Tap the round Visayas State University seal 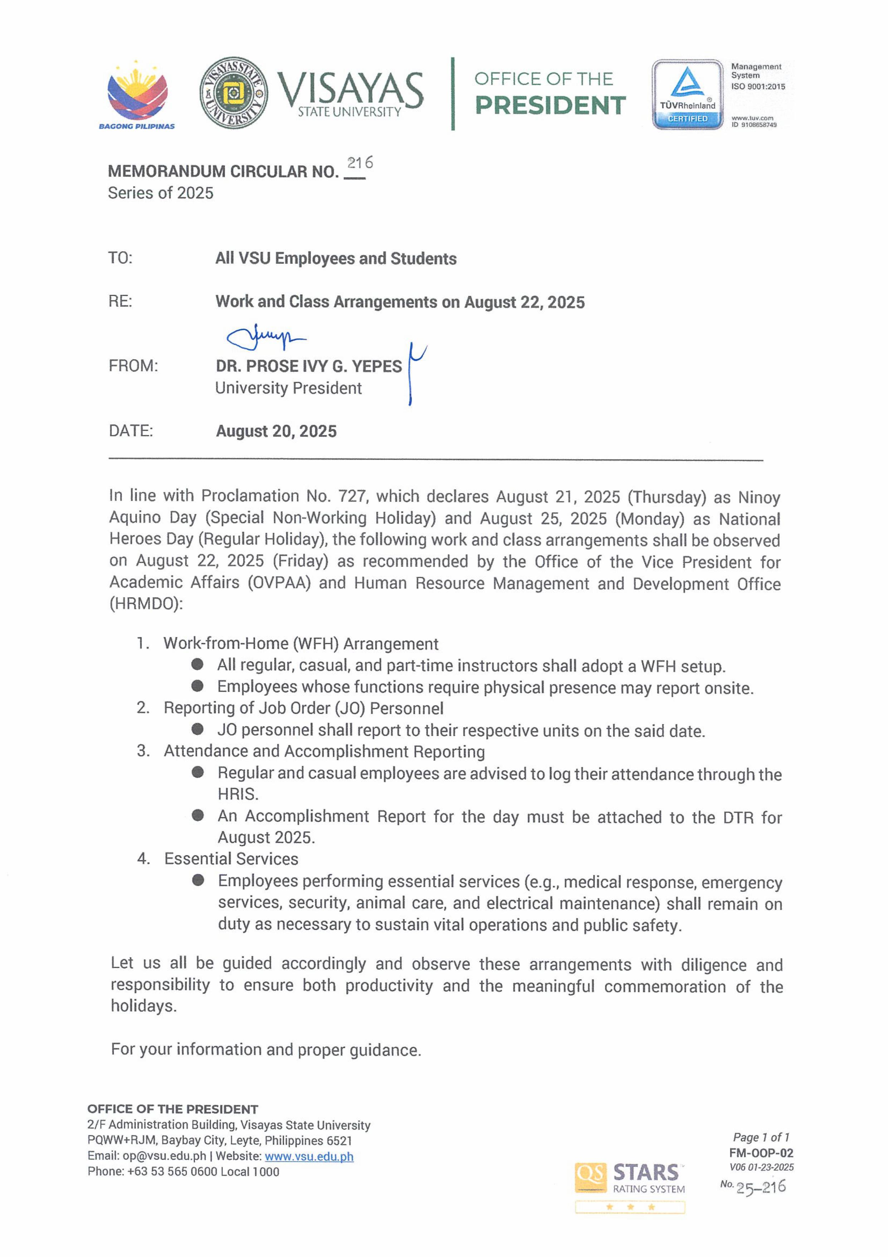(234, 93)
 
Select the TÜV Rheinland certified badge (687, 94)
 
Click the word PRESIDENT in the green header (550, 106)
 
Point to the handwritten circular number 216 (360, 163)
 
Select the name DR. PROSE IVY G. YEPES (309, 366)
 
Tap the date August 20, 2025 (276, 431)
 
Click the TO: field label (120, 258)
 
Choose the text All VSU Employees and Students (336, 258)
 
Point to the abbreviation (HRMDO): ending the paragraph (146, 604)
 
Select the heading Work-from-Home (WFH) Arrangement (301, 644)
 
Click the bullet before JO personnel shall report (197, 729)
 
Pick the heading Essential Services (231, 859)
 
